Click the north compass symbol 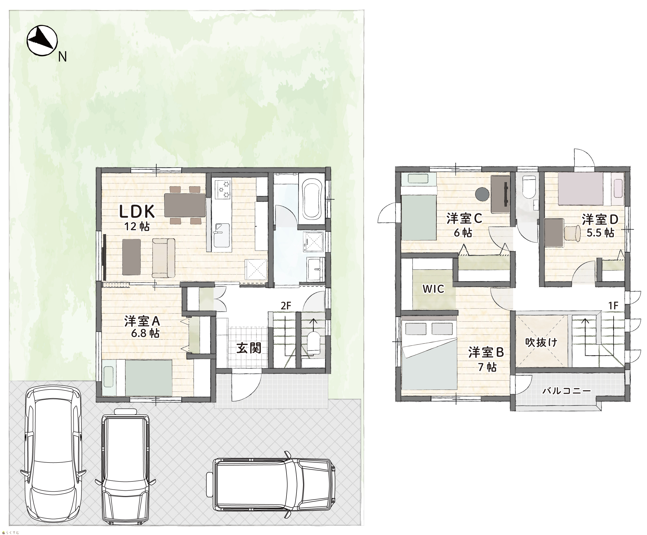42,41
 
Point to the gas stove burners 223,190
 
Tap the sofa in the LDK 163,257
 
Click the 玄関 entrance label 249,348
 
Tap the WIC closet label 433,289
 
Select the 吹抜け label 541,342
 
